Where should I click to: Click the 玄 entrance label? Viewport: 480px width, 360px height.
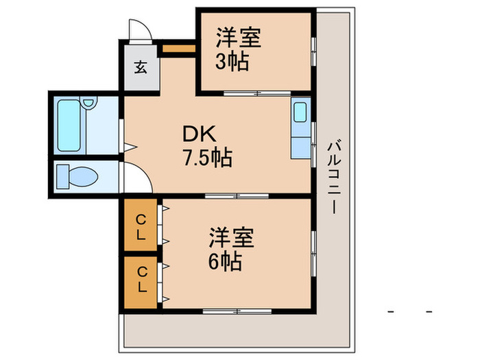point(140,67)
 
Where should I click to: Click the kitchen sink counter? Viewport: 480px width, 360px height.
point(300,129)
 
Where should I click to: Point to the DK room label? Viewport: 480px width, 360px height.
point(197,133)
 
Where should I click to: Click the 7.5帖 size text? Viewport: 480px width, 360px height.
point(206,158)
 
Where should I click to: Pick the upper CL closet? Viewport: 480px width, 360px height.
point(141,226)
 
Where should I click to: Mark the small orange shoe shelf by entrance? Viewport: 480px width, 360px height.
point(178,50)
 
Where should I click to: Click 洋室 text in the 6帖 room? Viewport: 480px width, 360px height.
point(232,237)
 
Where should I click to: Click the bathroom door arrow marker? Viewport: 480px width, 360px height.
point(127,145)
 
